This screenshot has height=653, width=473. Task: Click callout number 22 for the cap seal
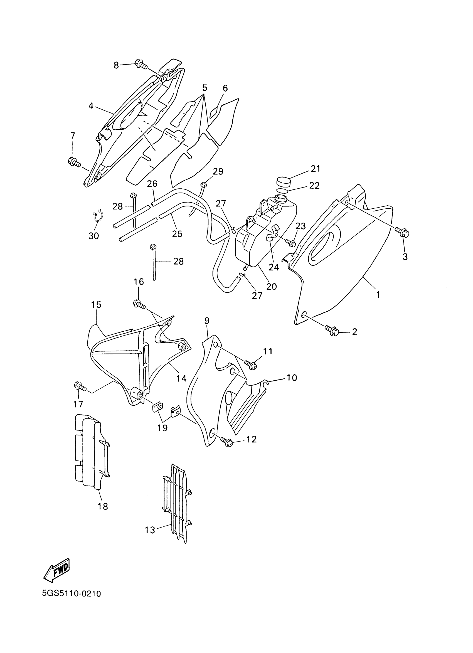[314, 185]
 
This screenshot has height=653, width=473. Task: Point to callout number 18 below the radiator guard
[103, 506]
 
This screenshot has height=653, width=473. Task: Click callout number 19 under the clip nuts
[162, 428]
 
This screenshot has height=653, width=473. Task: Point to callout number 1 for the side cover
[378, 294]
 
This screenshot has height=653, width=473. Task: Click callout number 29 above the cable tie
[218, 171]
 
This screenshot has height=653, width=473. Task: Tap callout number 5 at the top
[205, 88]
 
